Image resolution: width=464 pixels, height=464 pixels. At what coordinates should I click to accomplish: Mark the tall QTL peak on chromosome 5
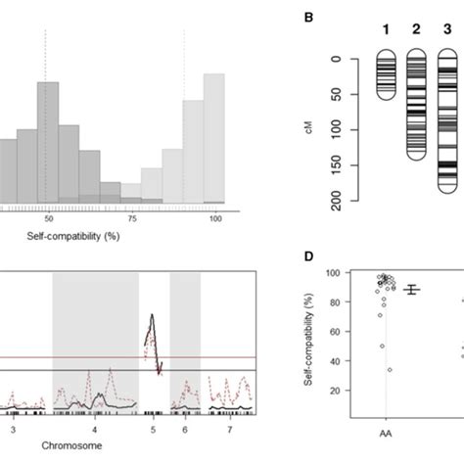pos(151,316)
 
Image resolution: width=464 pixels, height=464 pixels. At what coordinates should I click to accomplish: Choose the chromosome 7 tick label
pos(228,429)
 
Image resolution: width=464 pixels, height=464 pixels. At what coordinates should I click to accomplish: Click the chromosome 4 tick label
pos(95,429)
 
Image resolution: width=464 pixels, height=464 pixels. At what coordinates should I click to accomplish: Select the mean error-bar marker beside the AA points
pos(411,290)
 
